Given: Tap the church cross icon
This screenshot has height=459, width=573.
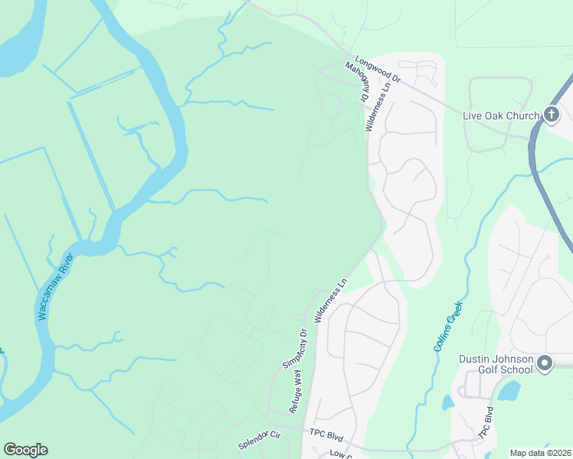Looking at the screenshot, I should click(551, 115).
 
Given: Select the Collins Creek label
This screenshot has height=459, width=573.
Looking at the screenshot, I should click(448, 326).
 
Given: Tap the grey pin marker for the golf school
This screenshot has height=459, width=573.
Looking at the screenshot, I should click(545, 363).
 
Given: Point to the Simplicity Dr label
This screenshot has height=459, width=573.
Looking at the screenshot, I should click(293, 348).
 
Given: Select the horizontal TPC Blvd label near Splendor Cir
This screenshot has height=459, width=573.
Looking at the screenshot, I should click(326, 433).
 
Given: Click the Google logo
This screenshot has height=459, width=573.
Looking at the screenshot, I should click(26, 449).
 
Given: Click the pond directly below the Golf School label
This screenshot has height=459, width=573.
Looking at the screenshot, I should click(509, 392).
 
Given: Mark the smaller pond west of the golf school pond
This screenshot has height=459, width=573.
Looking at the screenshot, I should click(448, 402).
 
